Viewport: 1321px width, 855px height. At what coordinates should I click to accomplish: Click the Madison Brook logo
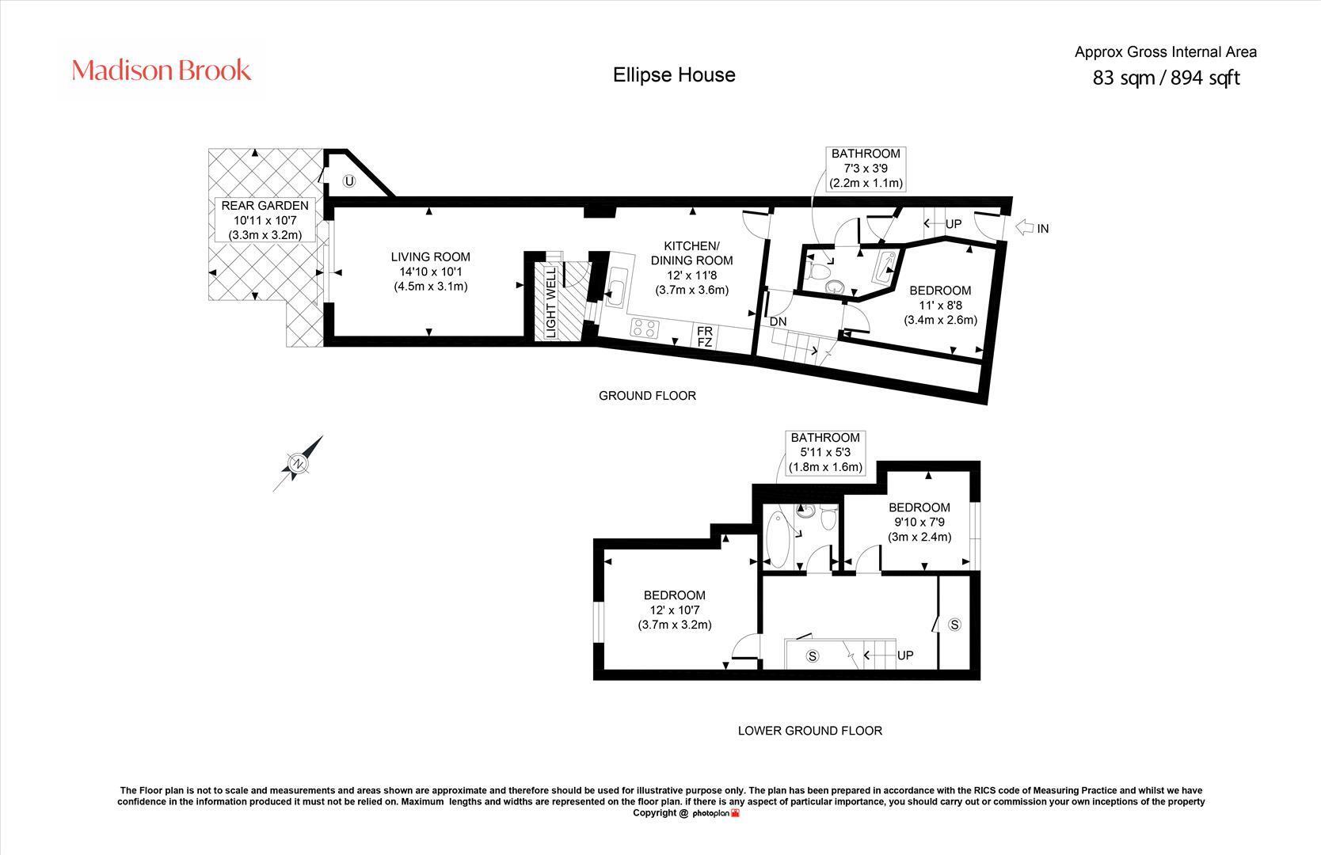161,70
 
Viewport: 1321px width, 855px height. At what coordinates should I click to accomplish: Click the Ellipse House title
674,75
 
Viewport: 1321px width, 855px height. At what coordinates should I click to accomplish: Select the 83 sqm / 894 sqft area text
1166,78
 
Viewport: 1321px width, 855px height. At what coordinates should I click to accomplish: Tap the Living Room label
431,272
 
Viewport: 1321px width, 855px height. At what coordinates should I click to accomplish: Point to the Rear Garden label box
265,220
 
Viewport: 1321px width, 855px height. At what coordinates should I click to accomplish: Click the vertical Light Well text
550,303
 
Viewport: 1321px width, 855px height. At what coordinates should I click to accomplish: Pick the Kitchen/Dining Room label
691,268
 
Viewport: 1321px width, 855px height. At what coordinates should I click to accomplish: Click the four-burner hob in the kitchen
645,329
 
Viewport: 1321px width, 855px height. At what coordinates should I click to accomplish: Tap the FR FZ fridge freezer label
705,336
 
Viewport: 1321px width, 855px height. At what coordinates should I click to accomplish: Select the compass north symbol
299,463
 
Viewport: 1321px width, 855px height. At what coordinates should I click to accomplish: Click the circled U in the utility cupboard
349,181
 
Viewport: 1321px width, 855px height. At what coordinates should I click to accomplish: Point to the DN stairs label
778,322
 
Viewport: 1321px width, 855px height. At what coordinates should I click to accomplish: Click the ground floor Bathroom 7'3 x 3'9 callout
866,169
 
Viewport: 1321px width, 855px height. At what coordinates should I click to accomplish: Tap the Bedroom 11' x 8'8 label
941,306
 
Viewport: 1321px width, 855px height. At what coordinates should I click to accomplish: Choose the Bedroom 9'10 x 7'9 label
920,522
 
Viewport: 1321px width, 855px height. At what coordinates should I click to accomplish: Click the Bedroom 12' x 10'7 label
675,610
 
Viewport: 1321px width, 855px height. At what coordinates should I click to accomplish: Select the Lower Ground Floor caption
809,731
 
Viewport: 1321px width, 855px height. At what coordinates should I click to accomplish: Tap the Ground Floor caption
648,396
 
